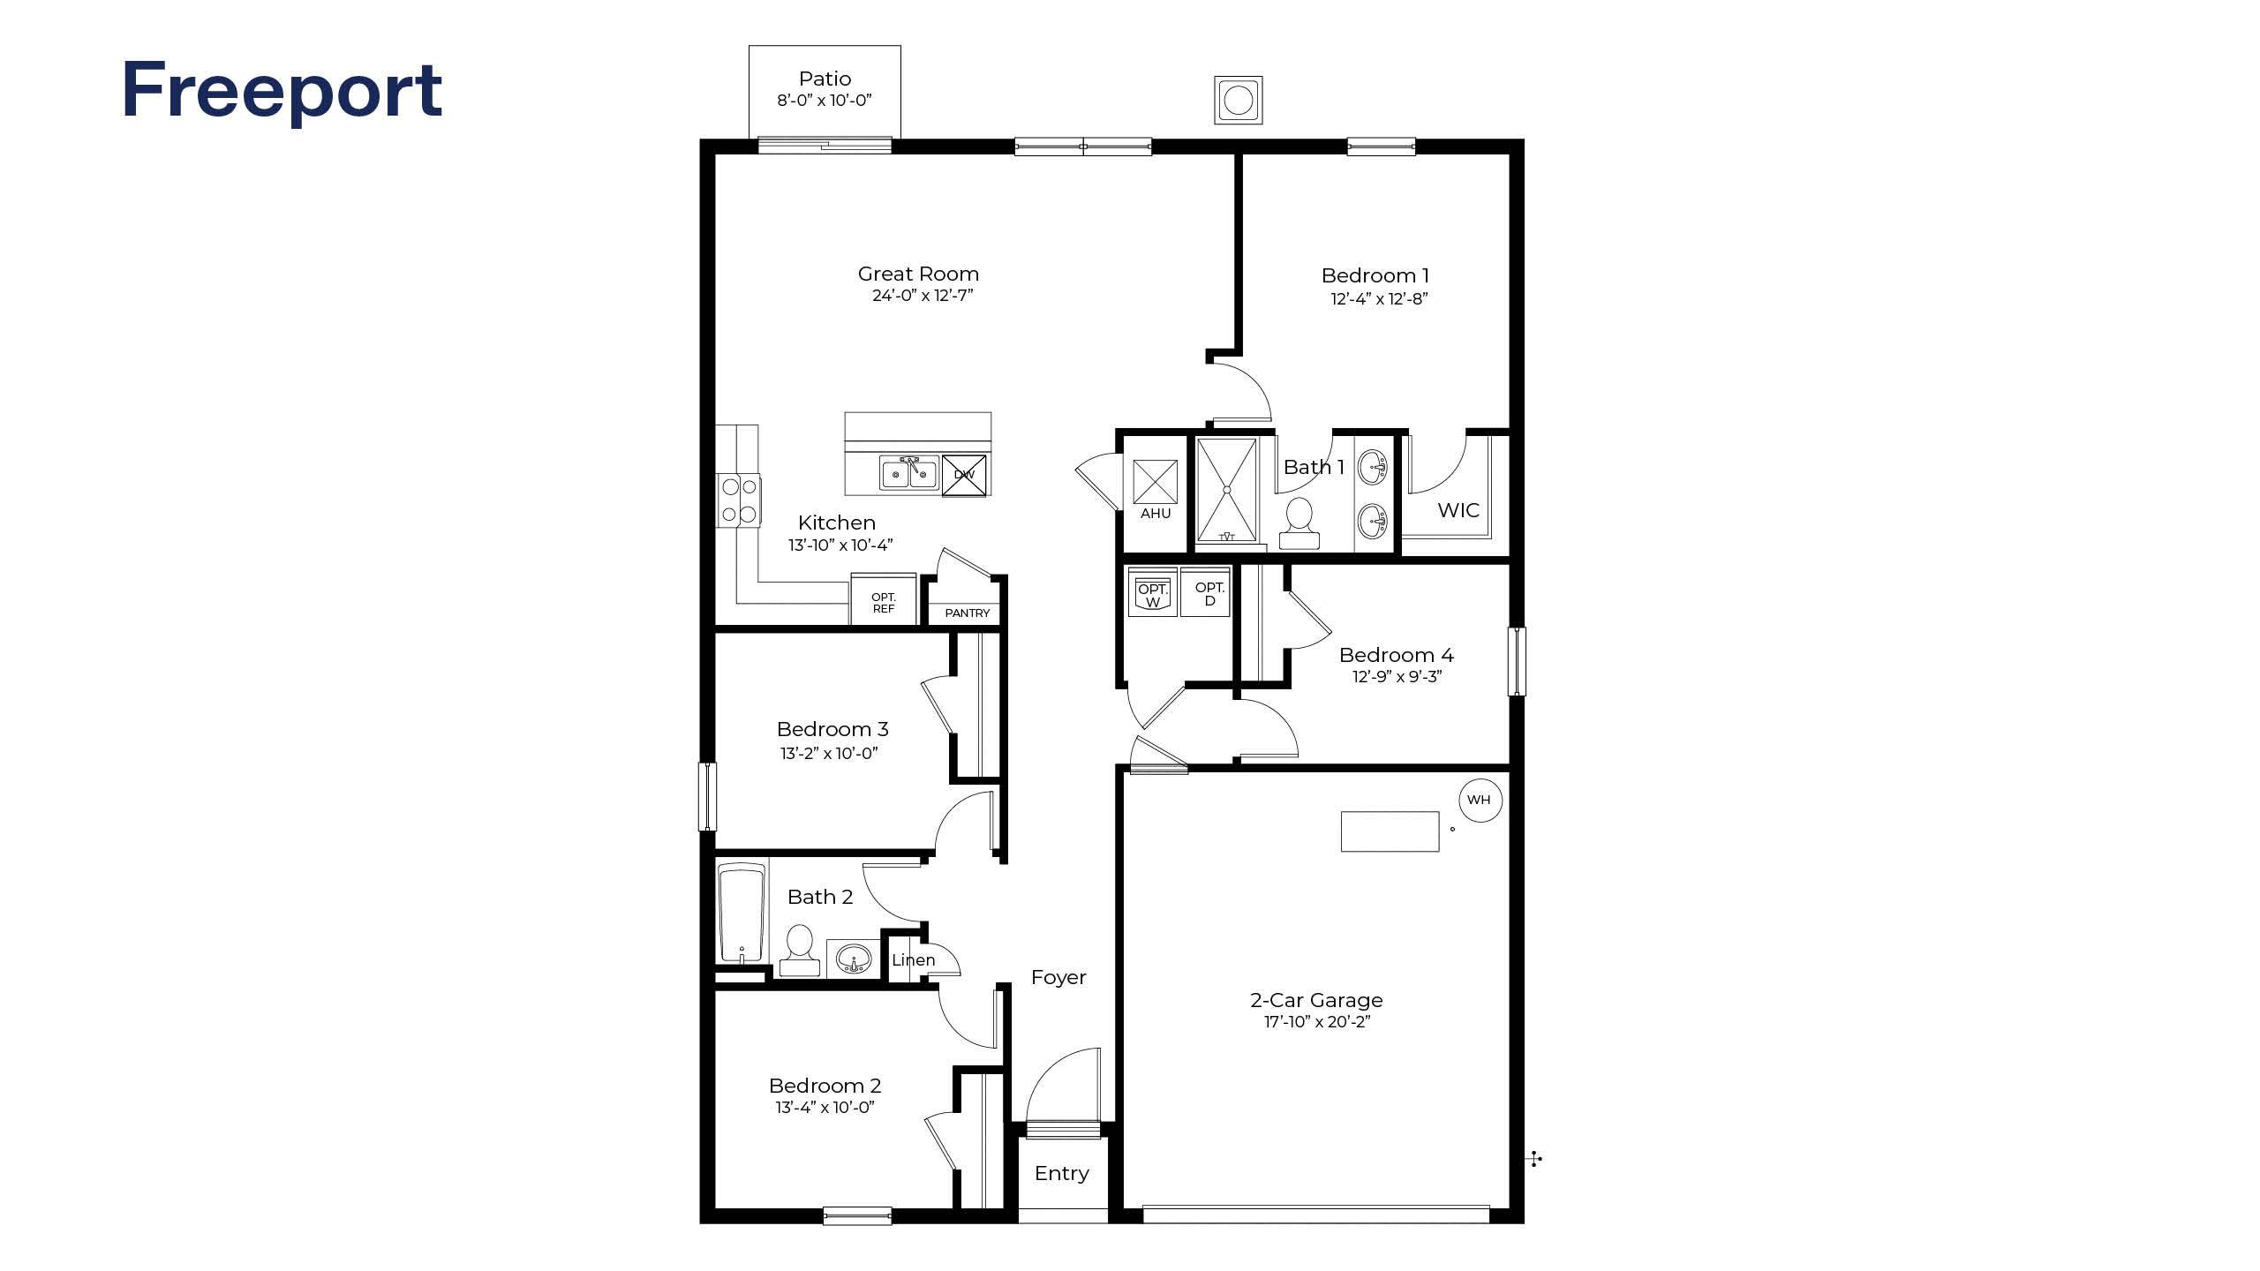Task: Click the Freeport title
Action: coord(282,92)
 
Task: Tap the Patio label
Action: coord(825,79)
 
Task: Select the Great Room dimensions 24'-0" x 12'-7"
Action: coord(923,296)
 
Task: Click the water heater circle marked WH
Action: coord(1480,800)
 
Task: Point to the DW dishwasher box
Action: coord(964,475)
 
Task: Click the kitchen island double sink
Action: coord(908,472)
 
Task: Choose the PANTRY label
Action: coord(967,613)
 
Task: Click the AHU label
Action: coord(1156,513)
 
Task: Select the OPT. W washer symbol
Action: coord(1153,591)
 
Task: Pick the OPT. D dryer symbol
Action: coord(1209,591)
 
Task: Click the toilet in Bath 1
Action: coord(1299,523)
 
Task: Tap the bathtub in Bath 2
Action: coord(741,913)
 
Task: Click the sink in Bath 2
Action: coord(853,957)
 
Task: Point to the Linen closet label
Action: coord(913,959)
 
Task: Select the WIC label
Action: coord(1458,510)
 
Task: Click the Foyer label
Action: coord(1058,977)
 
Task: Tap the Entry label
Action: coord(1061,1173)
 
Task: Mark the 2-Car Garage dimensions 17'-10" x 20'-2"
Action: coord(1316,1022)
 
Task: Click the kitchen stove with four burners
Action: coord(739,500)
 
